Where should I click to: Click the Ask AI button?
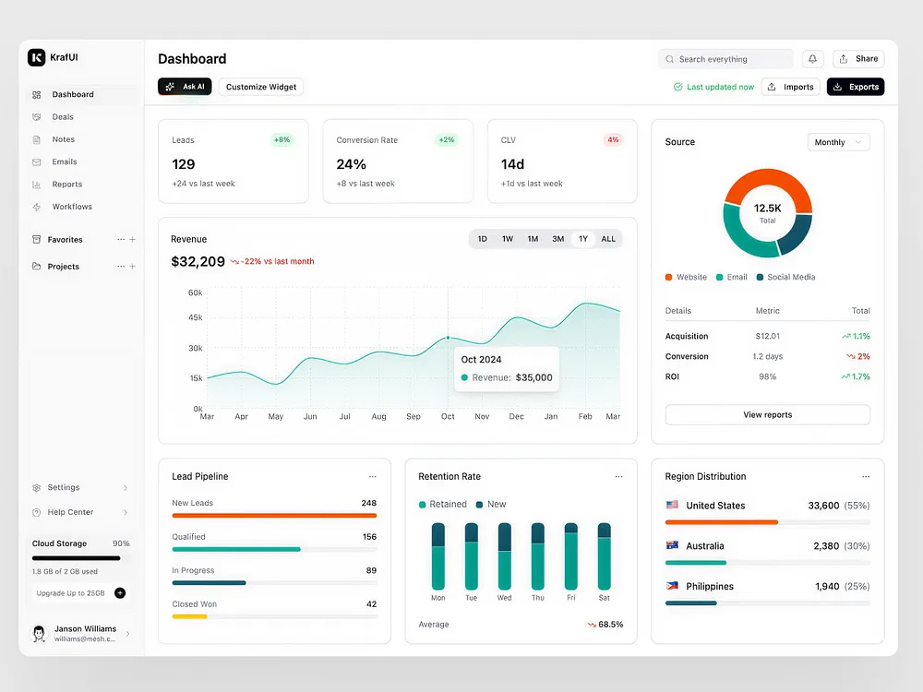coord(185,87)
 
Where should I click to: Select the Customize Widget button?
coord(261,87)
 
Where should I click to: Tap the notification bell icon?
coord(812,59)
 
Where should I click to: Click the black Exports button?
coord(856,87)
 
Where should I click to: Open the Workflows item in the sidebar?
coord(72,207)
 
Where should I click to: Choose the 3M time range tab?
coord(558,239)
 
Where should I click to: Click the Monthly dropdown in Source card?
coord(838,142)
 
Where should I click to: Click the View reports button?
coord(767,415)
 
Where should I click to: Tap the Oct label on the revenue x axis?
coord(448,417)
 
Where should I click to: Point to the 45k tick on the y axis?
coord(196,317)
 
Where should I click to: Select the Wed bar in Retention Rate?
coord(505,556)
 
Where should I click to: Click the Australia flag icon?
coord(672,545)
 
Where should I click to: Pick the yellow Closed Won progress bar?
coord(189,616)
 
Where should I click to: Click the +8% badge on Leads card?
coord(282,140)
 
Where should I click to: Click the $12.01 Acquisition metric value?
coord(768,336)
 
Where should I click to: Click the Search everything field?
coord(725,59)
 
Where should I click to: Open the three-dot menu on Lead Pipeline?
coord(372,477)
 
